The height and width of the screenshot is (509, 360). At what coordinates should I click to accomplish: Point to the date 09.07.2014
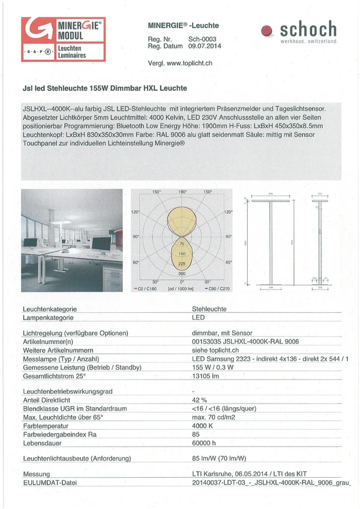pyautogui.click(x=204, y=46)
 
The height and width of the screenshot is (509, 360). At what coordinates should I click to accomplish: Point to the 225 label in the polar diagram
pyautogui.click(x=182, y=263)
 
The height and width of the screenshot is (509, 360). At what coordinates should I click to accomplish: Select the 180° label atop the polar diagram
pyautogui.click(x=182, y=192)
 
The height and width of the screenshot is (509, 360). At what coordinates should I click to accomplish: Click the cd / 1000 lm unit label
pyautogui.click(x=181, y=288)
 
